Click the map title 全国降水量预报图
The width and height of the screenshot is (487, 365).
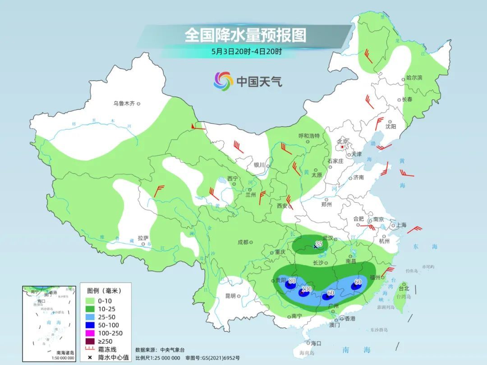pyautogui.click(x=245, y=35)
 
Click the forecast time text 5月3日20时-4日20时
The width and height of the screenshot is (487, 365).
pyautogui.click(x=246, y=51)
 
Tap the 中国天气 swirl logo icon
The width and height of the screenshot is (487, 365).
pyautogui.click(x=223, y=81)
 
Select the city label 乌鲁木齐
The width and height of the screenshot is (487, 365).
pyautogui.click(x=124, y=104)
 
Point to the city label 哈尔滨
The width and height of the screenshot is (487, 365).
pyautogui.click(x=414, y=78)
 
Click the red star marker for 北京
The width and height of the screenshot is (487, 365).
pyautogui.click(x=343, y=147)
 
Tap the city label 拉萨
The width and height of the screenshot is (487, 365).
pyautogui.click(x=143, y=238)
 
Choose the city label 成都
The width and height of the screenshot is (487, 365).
pyautogui.click(x=243, y=242)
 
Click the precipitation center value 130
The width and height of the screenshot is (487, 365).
pyautogui.click(x=307, y=289)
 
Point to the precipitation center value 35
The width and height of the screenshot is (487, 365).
pyautogui.click(x=319, y=244)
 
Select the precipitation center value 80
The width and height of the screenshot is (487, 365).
pyautogui.click(x=292, y=282)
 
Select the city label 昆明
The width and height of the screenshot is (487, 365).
pyautogui.click(x=230, y=296)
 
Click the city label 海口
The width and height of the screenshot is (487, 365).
pyautogui.click(x=316, y=343)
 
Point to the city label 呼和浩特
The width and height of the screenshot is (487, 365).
pyautogui.click(x=309, y=136)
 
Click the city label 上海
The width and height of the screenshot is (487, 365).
pyautogui.click(x=401, y=225)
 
